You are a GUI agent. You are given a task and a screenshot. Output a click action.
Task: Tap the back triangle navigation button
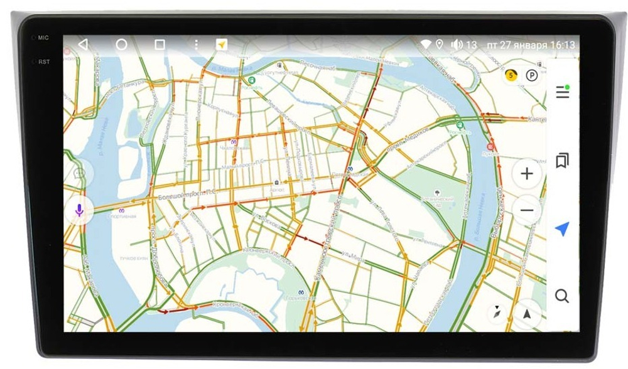pos(83,45)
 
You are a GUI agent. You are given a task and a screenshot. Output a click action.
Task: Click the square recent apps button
pos(160,45)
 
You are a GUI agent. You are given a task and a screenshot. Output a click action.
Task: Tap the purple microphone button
pos(79,210)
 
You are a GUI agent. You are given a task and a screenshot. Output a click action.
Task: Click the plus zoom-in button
pos(527,174)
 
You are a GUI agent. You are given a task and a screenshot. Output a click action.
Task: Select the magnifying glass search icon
pos(562,296)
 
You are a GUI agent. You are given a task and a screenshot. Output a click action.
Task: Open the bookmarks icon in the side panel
pos(562,161)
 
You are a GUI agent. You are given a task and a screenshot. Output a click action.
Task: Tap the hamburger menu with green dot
pos(563,92)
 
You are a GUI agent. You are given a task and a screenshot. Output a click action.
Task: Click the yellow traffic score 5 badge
pos(511,75)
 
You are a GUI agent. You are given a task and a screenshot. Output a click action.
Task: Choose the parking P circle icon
pos(532,75)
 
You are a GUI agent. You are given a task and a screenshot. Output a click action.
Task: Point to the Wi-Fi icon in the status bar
pos(426,45)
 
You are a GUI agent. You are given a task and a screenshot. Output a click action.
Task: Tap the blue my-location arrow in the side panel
pos(562,228)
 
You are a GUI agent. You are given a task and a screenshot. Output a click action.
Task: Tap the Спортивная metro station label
pos(122,217)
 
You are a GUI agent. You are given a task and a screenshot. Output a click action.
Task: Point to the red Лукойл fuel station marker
pos(490,147)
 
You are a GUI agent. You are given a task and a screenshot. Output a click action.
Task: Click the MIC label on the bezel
pos(43,38)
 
